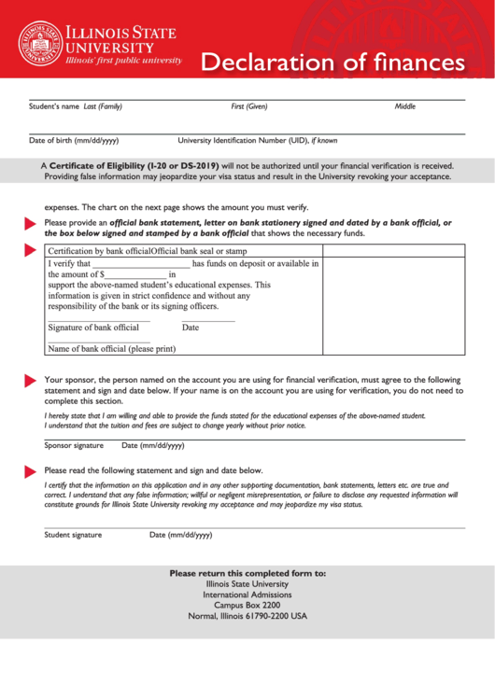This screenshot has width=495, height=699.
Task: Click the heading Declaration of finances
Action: [x=332, y=63]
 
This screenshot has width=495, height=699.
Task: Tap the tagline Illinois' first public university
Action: [x=123, y=60]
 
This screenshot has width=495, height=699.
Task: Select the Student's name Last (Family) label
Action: [x=76, y=106]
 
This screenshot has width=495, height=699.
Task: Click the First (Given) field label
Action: [x=249, y=106]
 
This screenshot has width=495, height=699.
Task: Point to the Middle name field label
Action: [x=404, y=106]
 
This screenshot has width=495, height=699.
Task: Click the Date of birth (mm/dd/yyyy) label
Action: [x=74, y=141]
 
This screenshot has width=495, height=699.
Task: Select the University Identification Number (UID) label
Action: [x=258, y=141]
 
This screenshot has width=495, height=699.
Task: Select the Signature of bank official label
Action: [x=93, y=328]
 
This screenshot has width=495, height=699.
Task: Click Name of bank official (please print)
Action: [x=111, y=349]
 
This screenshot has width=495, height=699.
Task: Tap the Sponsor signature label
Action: [x=74, y=445]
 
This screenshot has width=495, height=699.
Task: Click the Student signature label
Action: [x=73, y=535]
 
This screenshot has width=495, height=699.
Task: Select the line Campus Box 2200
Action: [x=247, y=605]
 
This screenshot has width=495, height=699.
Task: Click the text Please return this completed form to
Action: [x=247, y=573]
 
